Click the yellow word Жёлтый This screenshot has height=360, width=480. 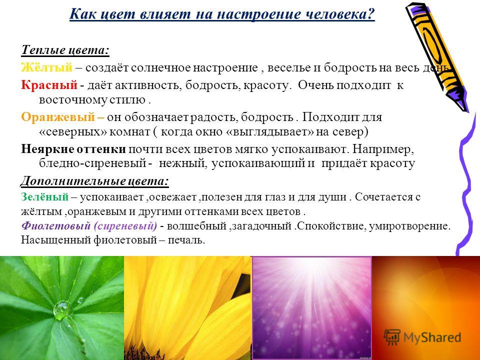pyautogui.click(x=46, y=67)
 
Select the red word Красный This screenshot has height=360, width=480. pyautogui.click(x=49, y=84)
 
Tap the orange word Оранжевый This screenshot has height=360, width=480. pyautogui.click(x=58, y=117)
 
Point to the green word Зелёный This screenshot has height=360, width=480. pyautogui.click(x=44, y=197)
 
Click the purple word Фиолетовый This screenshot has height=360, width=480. pyautogui.click(x=56, y=226)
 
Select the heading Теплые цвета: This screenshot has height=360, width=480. pyautogui.click(x=65, y=50)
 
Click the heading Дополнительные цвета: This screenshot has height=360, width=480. pyautogui.click(x=94, y=181)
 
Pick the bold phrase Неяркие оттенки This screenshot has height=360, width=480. pyautogui.click(x=73, y=149)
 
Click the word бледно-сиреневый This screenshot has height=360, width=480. pyautogui.click(x=92, y=163)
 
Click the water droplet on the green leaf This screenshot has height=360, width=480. pyautogui.click(x=61, y=310)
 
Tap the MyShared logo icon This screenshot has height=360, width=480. pyautogui.click(x=392, y=337)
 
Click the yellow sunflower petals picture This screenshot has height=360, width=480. pyautogui.click(x=187, y=308)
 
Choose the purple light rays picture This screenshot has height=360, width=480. pyautogui.click(x=311, y=308)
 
